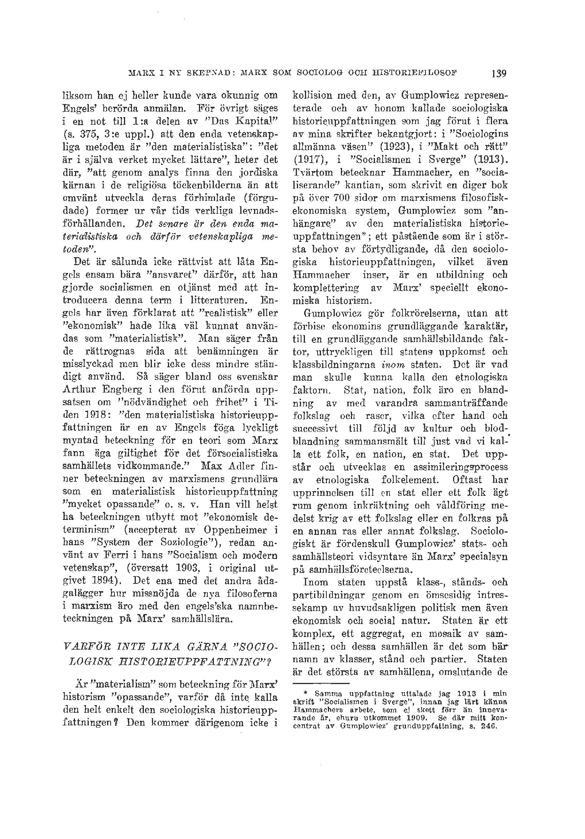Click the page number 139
[500, 73]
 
